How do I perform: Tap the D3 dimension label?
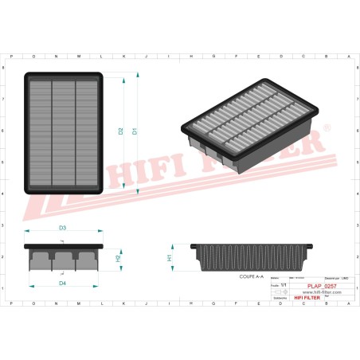tap(62, 229)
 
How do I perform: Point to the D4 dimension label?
tap(62, 283)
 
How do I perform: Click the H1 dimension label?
tap(170, 259)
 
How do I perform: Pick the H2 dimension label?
tap(118, 259)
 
